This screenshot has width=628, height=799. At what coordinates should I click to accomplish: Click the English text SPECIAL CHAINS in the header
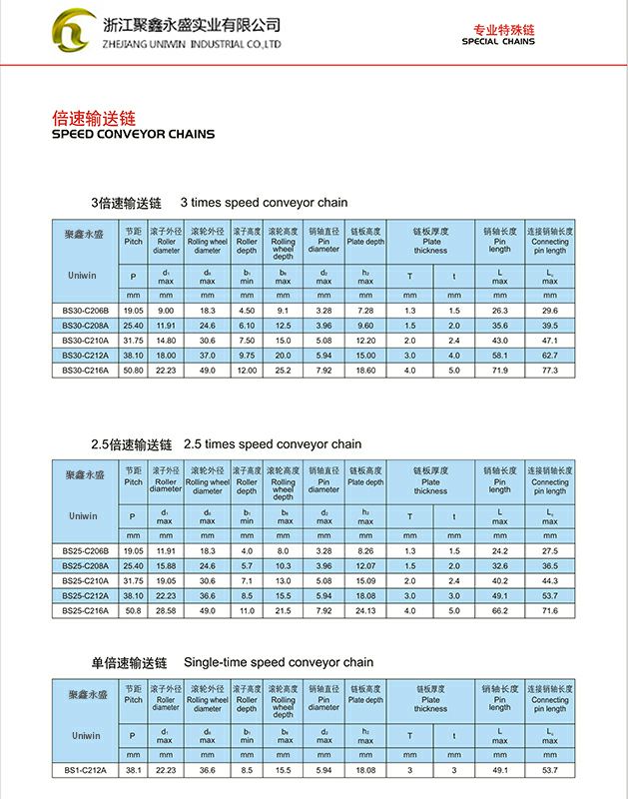(498, 42)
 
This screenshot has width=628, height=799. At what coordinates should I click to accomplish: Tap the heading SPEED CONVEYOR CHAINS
(132, 134)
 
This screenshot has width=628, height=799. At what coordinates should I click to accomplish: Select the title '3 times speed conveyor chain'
(264, 203)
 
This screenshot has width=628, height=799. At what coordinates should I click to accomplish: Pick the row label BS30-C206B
(85, 311)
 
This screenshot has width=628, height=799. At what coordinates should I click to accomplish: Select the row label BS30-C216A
(85, 370)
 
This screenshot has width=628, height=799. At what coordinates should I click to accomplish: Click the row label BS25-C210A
(85, 580)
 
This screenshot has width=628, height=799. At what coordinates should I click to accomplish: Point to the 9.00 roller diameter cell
(166, 311)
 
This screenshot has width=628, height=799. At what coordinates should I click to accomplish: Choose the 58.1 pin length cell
(500, 355)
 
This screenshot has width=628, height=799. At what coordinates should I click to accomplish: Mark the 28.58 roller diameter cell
(166, 609)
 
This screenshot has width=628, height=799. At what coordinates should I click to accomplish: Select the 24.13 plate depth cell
(365, 609)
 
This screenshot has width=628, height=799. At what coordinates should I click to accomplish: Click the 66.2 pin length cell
(500, 609)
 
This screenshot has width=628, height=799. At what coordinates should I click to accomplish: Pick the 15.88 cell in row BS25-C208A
(166, 565)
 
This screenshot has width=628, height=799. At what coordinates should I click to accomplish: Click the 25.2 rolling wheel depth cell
(284, 370)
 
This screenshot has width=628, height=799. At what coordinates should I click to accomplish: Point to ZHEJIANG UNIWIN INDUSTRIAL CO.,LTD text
(192, 45)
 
